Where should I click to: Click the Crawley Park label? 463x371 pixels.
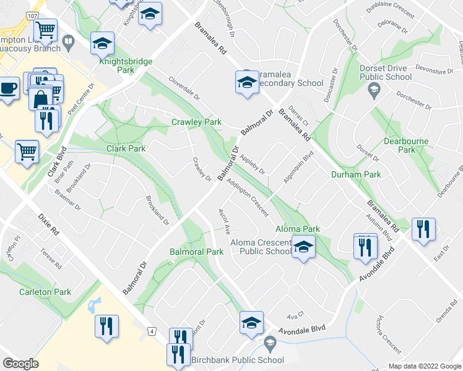(196, 122)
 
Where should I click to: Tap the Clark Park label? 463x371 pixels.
(126, 149)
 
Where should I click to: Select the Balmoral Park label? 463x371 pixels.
(197, 252)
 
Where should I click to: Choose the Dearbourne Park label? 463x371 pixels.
(406, 145)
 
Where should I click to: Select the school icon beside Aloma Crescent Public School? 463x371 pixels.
(303, 247)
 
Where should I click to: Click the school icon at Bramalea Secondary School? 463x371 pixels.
(246, 82)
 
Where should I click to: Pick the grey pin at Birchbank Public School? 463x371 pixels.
(269, 342)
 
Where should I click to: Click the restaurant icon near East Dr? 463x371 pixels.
(423, 229)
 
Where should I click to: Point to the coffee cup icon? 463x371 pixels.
(8, 88)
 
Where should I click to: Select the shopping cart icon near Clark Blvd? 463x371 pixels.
(27, 151)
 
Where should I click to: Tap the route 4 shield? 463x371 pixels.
(152, 332)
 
